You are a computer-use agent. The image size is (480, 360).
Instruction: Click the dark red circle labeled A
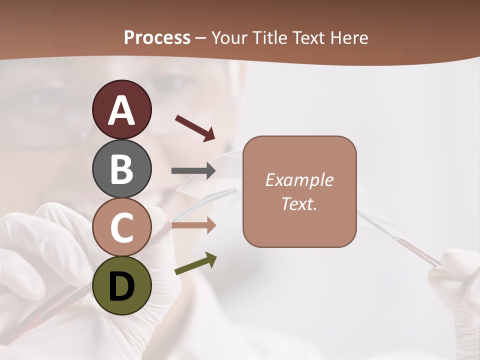(121, 109)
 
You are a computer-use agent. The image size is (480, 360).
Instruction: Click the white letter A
(121, 110)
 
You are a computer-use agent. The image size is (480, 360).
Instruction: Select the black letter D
(121, 286)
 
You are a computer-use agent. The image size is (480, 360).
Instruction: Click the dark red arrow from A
(195, 128)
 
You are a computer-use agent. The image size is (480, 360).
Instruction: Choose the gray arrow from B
(193, 171)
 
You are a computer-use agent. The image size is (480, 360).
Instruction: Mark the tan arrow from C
(193, 225)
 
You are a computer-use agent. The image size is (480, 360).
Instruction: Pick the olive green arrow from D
(195, 264)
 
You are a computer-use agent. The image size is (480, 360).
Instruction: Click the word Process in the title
(157, 38)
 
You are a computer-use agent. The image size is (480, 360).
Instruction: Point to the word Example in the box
(299, 180)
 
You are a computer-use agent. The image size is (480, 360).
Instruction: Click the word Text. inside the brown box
(299, 203)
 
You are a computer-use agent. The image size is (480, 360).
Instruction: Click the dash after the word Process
(201, 38)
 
